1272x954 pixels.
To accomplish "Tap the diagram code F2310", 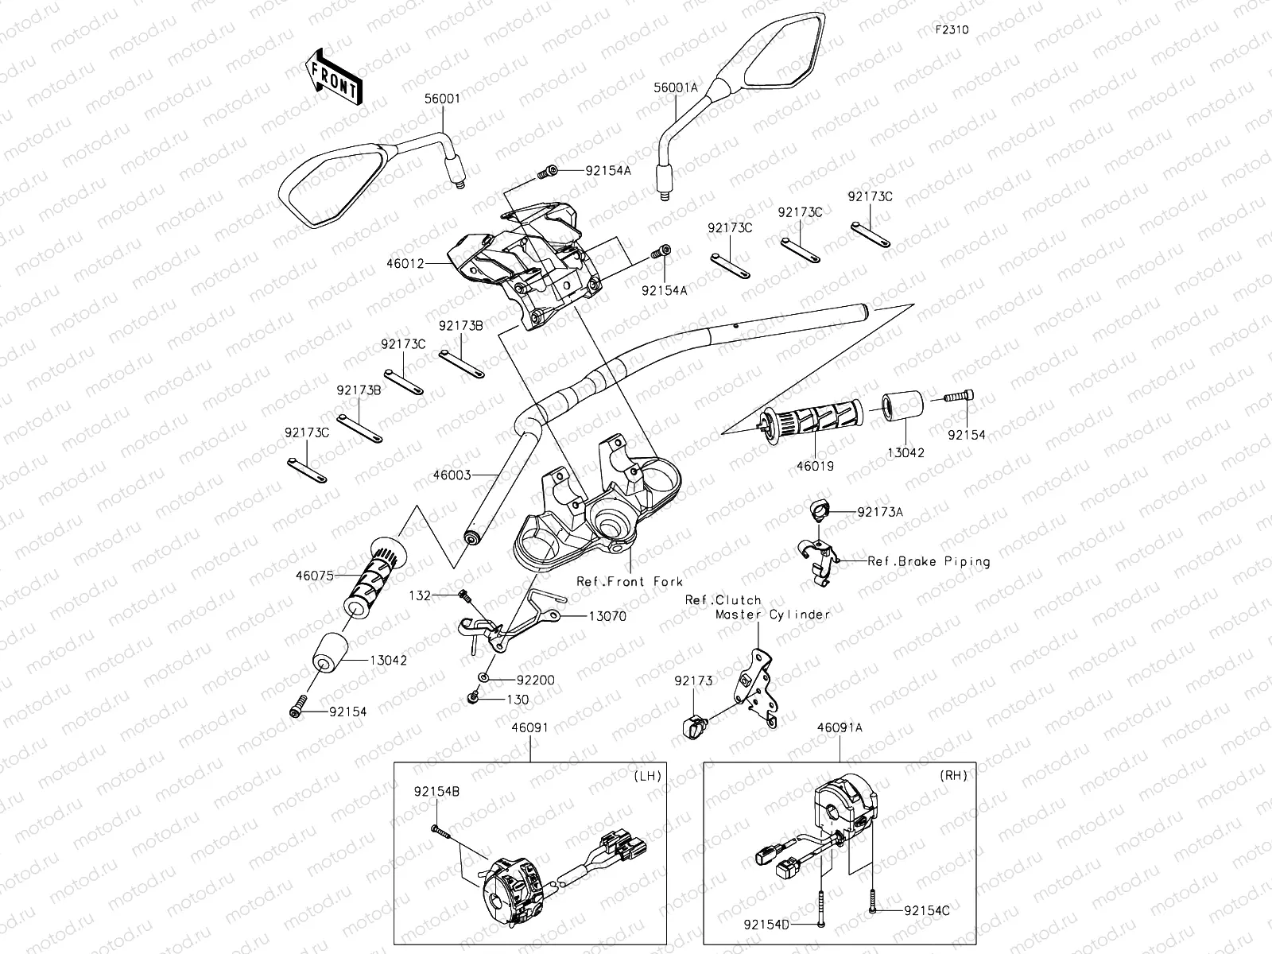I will click(x=952, y=30).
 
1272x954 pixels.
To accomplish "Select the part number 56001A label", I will click(x=676, y=88).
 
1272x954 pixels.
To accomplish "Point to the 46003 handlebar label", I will click(x=452, y=475).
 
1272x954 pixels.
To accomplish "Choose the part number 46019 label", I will click(x=812, y=467).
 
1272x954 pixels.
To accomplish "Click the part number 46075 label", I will click(x=314, y=575).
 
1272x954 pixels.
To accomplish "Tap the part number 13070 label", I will click(x=608, y=615).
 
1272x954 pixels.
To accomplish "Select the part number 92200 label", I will click(x=535, y=680).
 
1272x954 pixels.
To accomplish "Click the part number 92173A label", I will click(x=880, y=513).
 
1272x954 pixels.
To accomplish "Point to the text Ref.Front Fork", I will click(x=630, y=581).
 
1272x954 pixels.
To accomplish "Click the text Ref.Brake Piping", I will click(x=929, y=561).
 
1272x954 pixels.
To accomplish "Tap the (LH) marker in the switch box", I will click(x=648, y=775).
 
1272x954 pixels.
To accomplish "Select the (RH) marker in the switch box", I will click(x=953, y=775).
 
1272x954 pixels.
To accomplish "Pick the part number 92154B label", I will click(x=436, y=792).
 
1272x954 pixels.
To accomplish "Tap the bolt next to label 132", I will click(x=464, y=595).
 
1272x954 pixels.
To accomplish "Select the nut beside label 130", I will click(x=472, y=698).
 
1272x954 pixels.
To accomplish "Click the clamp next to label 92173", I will click(x=692, y=723).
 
